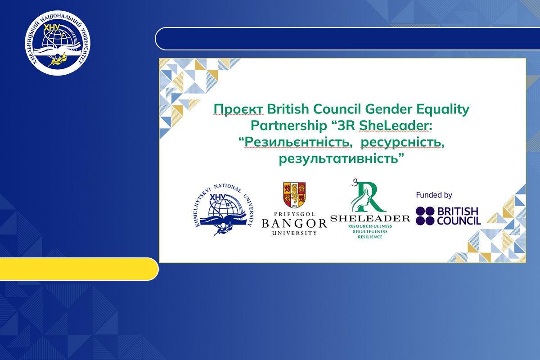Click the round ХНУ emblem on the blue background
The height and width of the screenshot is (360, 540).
[58, 43]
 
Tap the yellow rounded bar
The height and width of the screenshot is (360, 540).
[79, 269]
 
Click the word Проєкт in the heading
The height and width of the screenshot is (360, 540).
[238, 109]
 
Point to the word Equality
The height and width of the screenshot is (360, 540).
[443, 110]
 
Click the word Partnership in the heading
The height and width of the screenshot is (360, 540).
[288, 126]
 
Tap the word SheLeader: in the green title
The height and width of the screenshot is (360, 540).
[396, 126]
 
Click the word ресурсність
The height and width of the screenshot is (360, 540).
[403, 143]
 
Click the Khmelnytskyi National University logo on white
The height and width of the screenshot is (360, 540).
[224, 210]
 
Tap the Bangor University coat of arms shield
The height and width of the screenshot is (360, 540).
[294, 195]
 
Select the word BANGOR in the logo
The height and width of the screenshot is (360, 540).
[294, 224]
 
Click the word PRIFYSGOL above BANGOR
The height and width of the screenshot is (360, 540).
[294, 214]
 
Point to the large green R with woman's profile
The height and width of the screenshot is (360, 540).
[368, 197]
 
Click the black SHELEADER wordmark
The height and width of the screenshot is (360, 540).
[370, 218]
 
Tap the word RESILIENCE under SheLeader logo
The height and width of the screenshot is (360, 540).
[370, 237]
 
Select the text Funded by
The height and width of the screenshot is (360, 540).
[434, 195]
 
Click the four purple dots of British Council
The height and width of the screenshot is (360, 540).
[425, 216]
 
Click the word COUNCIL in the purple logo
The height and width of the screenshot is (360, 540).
[459, 221]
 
